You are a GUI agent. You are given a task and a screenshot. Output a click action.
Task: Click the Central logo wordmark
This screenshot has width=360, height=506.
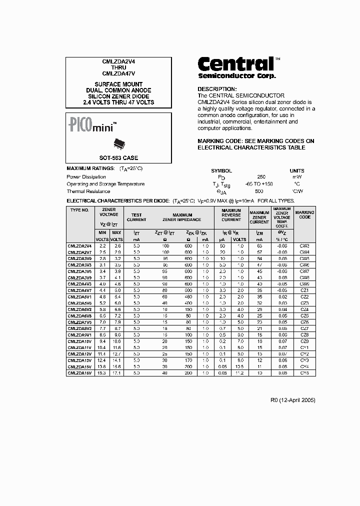tap(235, 64)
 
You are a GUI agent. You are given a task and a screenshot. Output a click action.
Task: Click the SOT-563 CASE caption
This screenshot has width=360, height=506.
tap(119, 157)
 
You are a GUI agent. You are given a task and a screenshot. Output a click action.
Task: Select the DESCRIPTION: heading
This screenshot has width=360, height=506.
tap(217, 88)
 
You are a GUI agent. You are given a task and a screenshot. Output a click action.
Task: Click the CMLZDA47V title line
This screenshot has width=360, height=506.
tap(118, 73)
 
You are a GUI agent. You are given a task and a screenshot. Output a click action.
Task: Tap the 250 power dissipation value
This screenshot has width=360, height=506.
tap(261, 177)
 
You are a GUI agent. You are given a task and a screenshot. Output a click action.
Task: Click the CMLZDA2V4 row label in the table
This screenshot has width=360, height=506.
tap(80, 246)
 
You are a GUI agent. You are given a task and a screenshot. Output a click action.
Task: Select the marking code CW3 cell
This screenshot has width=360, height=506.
tap(304, 246)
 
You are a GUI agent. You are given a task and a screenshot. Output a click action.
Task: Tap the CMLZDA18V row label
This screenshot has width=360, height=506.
tap(80, 373)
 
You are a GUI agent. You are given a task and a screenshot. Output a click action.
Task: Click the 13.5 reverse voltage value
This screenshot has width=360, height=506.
tap(240, 366)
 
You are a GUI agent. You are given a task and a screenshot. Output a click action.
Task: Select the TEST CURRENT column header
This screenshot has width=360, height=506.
tap(136, 217)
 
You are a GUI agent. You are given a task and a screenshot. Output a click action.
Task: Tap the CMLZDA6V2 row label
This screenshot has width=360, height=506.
tap(80, 309)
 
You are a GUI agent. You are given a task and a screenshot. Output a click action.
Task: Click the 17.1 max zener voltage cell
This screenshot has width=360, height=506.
tap(116, 373)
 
